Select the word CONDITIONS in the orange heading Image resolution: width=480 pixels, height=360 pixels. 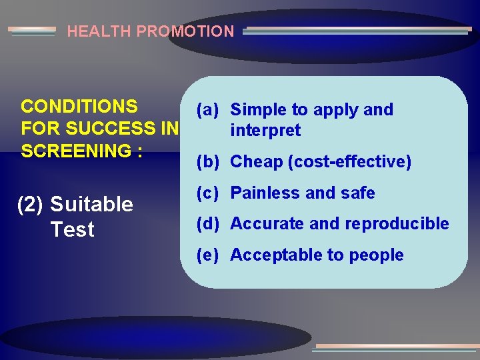point(79,107)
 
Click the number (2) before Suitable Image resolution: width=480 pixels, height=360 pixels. point(30,205)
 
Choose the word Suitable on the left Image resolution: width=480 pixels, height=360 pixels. point(91,205)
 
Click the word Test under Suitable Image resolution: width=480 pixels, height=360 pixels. point(72,230)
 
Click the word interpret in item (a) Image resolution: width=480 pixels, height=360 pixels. point(265,131)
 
